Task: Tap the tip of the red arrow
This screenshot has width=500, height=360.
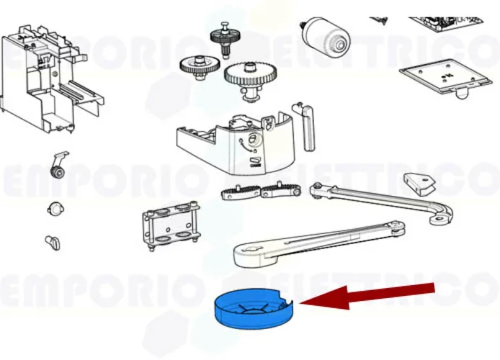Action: point(302,302)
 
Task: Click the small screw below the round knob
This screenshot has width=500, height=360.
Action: point(52,242)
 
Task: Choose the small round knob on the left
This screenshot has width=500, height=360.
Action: point(53,209)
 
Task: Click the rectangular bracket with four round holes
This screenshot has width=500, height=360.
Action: point(171,225)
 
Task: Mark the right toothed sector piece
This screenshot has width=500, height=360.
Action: point(280,192)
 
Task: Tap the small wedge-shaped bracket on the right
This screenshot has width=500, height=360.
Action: point(419,183)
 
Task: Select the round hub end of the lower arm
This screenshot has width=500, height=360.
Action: point(249,253)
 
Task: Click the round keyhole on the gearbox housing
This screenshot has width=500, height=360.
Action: point(252,140)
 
